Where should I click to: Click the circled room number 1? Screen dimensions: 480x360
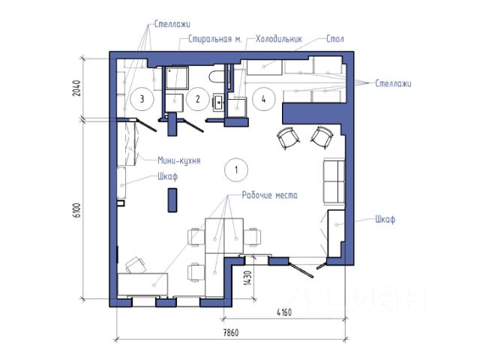point(235,169)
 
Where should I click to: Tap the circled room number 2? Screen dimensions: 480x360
point(198,99)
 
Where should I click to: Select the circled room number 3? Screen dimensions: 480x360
point(142,99)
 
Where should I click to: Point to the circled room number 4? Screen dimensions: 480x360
point(263,99)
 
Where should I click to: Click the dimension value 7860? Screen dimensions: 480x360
point(230,333)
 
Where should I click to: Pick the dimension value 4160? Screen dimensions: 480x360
point(284,313)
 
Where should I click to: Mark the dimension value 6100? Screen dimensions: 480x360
point(77,210)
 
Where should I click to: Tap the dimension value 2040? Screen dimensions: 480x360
point(76,88)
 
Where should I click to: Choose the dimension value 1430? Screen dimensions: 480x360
point(248,278)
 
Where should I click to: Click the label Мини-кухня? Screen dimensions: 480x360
point(179,160)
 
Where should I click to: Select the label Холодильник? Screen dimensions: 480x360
point(279,39)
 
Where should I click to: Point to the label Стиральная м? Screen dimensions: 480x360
point(215,40)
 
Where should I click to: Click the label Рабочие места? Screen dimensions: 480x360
point(269,195)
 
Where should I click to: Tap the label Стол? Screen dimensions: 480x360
point(335,39)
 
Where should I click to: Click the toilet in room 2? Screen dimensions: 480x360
point(217,76)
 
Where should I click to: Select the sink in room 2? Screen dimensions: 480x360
point(219,103)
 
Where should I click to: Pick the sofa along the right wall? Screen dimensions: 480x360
point(334,181)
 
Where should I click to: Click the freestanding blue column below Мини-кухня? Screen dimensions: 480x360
point(172,200)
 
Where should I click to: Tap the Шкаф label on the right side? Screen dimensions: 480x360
point(385,220)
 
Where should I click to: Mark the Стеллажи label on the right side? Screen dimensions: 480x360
point(393,83)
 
